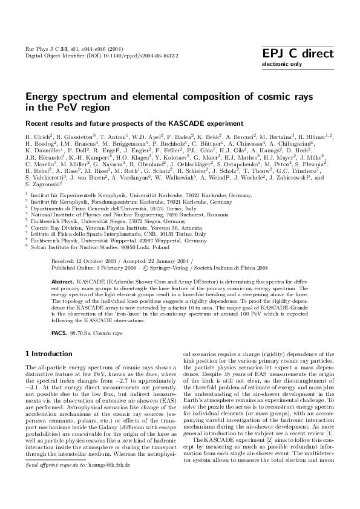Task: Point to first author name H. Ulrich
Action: [x=39, y=138]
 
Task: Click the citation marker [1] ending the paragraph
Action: [x=331, y=450]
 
